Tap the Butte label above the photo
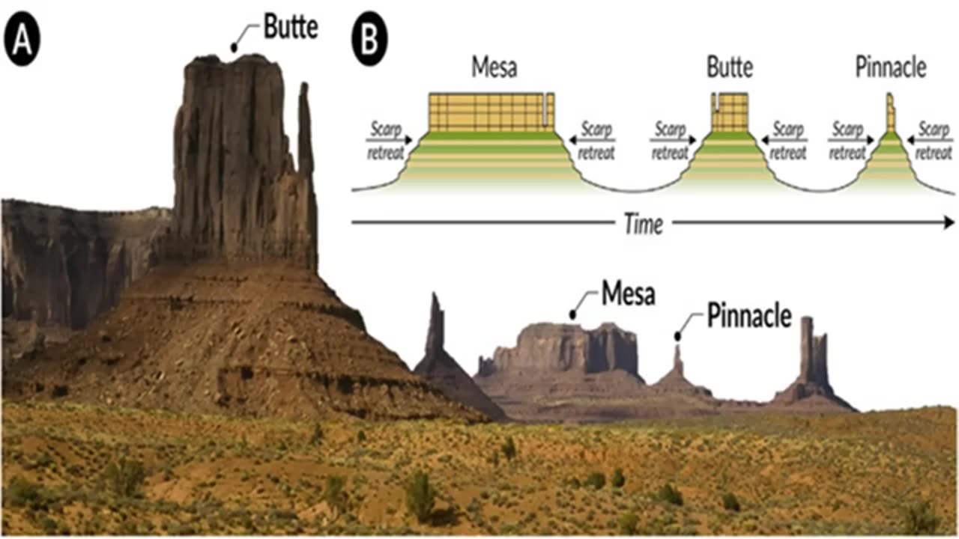click(291, 28)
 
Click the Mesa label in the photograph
click(628, 294)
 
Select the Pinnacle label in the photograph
click(748, 317)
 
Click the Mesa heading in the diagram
click(494, 68)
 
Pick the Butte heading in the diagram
click(729, 68)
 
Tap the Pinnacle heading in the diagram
click(890, 68)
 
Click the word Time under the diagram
click(644, 225)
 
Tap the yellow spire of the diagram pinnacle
click(890, 112)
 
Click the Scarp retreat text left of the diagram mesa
click(386, 141)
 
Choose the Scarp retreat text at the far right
click(934, 141)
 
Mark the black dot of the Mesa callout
click(575, 316)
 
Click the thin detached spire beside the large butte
click(305, 127)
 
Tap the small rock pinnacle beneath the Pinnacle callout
click(678, 363)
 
